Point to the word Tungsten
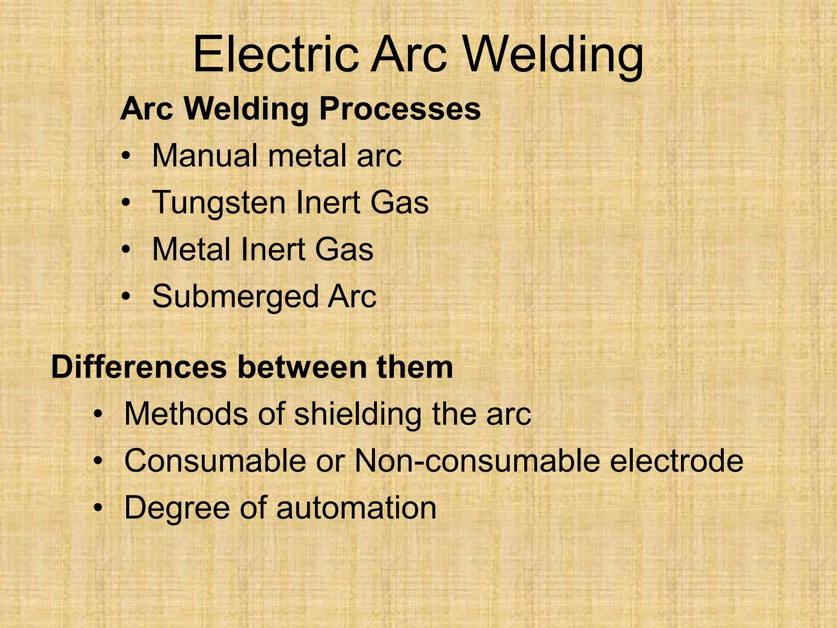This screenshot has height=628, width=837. pos(219,203)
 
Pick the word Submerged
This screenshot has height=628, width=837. pos(235,297)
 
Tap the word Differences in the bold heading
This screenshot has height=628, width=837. pos(139,367)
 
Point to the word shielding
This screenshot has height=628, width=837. pos(358,415)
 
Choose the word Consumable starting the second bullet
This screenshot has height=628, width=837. pos(215,461)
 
